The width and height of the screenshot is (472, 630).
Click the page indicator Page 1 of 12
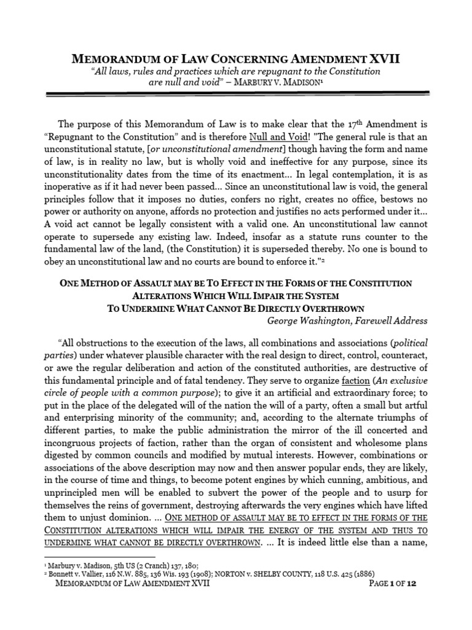[392, 583]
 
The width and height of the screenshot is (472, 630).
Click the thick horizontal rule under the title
[235, 94]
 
